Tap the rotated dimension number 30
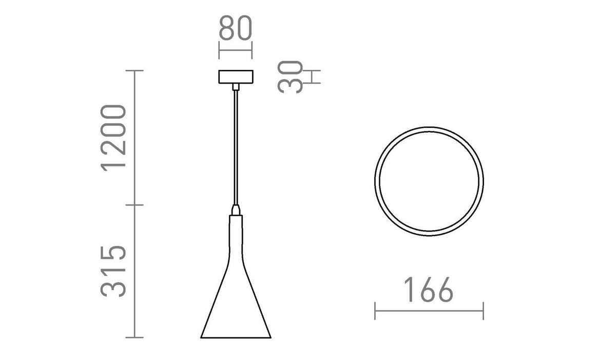coord(291,77)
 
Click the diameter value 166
coord(428,291)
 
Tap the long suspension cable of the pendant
coord(236,149)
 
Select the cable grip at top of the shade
coord(236,210)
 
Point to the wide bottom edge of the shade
coord(236,337)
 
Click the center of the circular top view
coord(429,180)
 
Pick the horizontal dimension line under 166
coord(429,311)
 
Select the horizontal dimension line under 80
coord(236,51)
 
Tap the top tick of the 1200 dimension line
coord(134,70)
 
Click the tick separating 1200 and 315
coord(134,205)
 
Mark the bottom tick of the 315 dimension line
coord(134,337)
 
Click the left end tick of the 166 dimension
coord(375,311)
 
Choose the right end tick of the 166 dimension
coord(483,311)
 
